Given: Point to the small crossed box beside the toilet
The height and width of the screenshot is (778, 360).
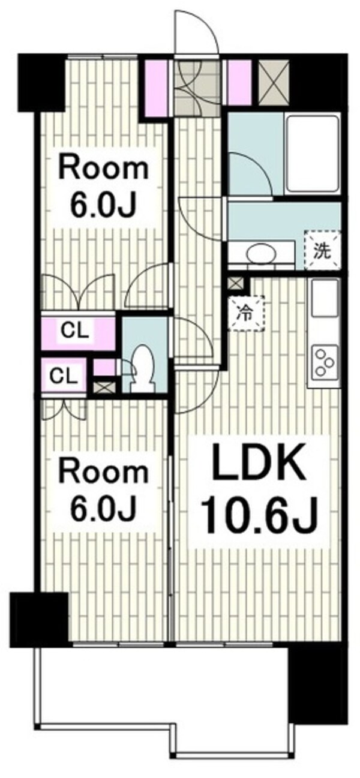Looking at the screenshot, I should point(103,386).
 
